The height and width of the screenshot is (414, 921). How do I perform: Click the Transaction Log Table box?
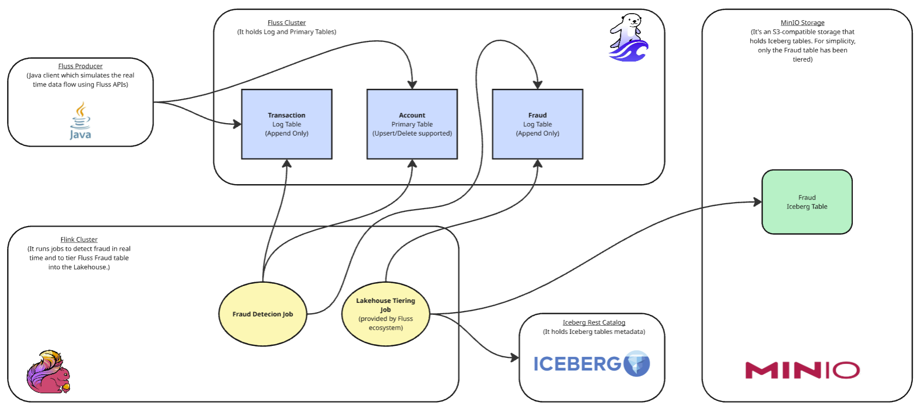[x=287, y=124]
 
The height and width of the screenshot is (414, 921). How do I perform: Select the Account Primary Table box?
[x=412, y=124]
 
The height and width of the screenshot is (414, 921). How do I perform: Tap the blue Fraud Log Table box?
[x=537, y=124]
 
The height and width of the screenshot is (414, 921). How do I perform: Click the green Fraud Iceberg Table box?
[x=807, y=202]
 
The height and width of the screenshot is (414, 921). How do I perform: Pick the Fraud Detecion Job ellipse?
[x=263, y=314]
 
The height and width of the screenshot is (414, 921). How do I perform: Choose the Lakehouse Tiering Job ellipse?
[x=386, y=314]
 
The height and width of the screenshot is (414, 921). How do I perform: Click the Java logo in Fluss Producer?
[x=80, y=121]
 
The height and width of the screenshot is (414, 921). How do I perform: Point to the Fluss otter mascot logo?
[x=628, y=38]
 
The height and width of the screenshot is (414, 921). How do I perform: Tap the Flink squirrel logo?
[x=49, y=372]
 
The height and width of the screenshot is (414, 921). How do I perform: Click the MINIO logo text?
[x=802, y=370]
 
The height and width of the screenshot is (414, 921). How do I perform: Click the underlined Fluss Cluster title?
[x=287, y=23]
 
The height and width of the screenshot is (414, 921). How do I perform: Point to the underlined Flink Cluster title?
[x=79, y=240]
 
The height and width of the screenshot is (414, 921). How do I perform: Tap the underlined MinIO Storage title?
[x=802, y=23]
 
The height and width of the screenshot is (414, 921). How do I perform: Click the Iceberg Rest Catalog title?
[x=594, y=322]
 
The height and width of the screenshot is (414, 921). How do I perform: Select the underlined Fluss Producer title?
[x=80, y=66]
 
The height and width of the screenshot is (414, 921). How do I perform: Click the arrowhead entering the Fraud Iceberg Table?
[x=758, y=202]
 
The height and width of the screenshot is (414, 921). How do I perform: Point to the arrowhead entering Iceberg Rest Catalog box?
[x=514, y=358]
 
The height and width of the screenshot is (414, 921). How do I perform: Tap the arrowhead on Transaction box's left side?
[x=237, y=124]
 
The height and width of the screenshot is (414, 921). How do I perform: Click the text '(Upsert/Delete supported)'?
[x=412, y=133]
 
